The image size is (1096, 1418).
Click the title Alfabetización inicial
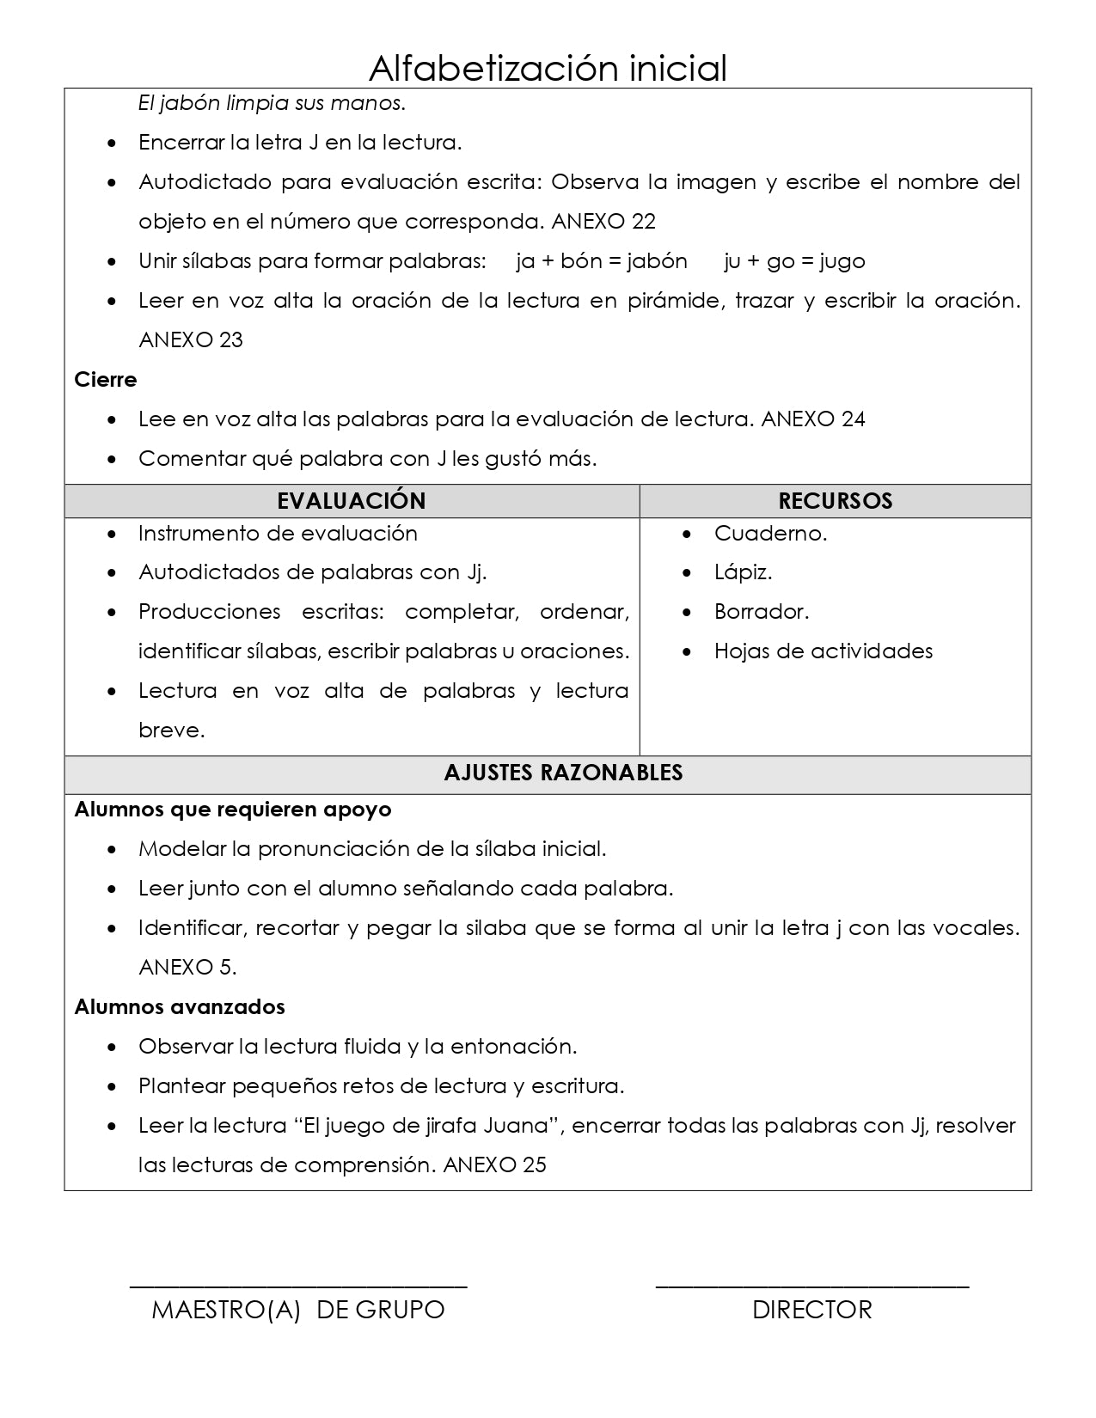click(548, 67)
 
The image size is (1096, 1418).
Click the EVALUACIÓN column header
click(351, 501)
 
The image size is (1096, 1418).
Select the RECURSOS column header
click(835, 501)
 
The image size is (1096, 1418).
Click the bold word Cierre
click(105, 380)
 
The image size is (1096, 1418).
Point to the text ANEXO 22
click(603, 222)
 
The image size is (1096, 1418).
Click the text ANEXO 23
click(191, 340)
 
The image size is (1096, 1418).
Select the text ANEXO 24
click(813, 419)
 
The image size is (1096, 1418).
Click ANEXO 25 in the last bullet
click(495, 1165)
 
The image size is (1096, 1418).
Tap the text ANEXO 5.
click(187, 968)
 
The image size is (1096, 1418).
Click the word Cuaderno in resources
click(769, 534)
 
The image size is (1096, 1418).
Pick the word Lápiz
click(743, 573)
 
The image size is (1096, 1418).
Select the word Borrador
click(761, 613)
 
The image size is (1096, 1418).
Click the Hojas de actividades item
click(823, 651)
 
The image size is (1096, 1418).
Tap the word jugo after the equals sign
click(842, 261)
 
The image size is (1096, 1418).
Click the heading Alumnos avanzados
click(179, 1007)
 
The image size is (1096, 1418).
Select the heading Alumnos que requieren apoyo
click(232, 810)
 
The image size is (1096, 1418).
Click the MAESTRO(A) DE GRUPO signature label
click(297, 1310)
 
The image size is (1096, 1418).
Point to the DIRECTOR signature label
click(811, 1310)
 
